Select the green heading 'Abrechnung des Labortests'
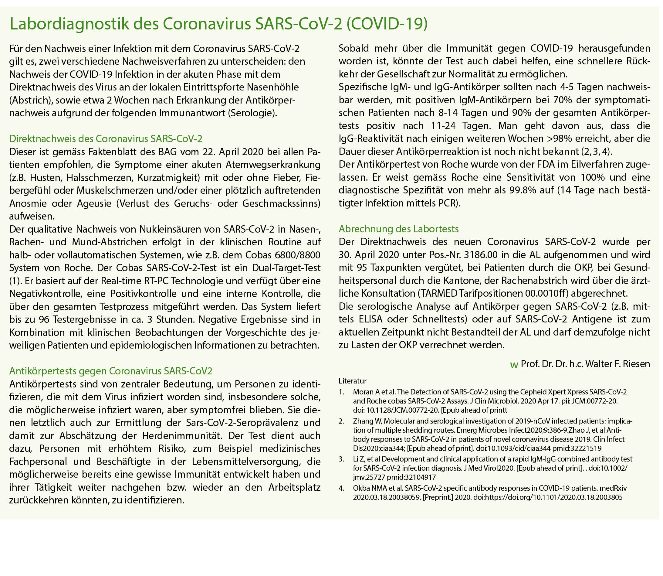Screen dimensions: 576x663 (x=399, y=229)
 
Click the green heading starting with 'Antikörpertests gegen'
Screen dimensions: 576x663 (x=111, y=371)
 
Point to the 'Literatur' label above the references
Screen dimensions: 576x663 (x=352, y=381)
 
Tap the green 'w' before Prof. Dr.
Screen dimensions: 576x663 (x=514, y=365)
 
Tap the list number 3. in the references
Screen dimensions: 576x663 (x=341, y=459)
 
